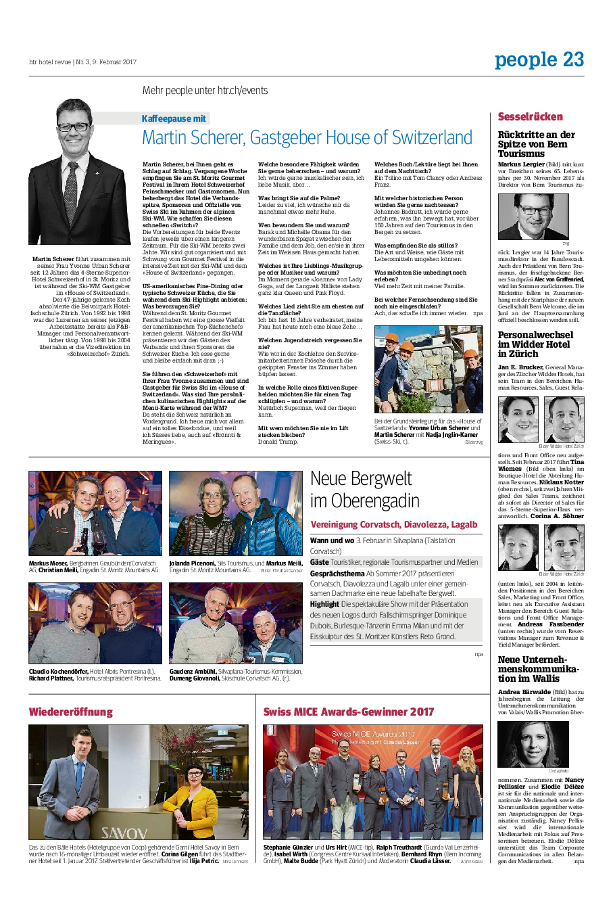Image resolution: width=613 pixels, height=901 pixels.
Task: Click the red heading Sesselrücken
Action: [530, 117]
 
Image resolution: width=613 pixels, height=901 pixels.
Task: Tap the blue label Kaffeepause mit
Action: [174, 118]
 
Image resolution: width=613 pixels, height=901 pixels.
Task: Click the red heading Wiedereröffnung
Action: [70, 712]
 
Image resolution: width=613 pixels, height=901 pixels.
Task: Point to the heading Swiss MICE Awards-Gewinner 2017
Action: [348, 712]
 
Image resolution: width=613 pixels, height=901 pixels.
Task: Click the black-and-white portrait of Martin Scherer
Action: [79, 173]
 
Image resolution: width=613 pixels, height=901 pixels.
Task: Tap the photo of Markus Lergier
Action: [533, 216]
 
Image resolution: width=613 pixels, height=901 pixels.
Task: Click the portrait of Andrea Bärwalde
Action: [533, 744]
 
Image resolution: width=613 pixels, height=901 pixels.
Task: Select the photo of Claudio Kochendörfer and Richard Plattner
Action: [95, 623]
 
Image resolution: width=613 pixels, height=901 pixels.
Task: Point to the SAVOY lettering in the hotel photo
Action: [124, 833]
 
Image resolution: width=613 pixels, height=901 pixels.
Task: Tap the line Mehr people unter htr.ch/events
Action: [205, 91]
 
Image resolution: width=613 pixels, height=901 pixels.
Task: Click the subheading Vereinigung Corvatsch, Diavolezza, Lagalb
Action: [393, 524]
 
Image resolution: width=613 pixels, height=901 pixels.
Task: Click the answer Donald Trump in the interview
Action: [277, 442]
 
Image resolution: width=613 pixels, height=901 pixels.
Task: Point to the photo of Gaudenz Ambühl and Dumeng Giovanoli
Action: [235, 623]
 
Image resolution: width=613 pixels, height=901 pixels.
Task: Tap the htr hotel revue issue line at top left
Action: [82, 62]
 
